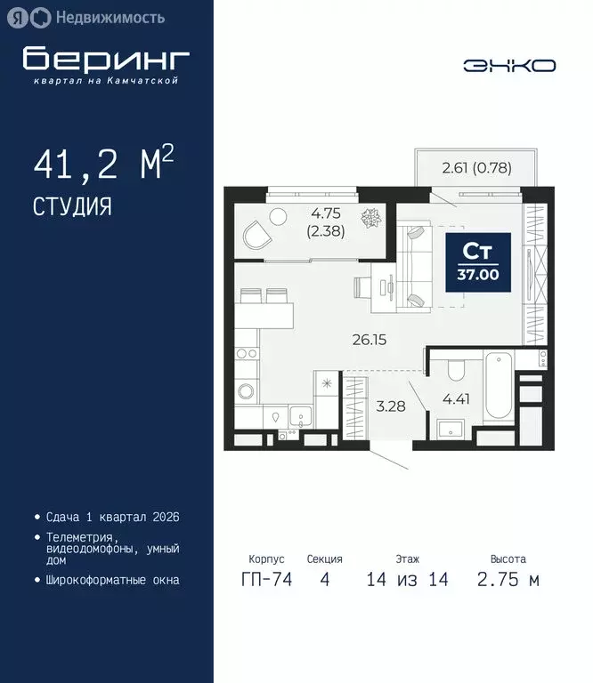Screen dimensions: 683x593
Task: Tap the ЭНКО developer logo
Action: click(509, 66)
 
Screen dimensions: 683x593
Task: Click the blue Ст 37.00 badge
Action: click(478, 261)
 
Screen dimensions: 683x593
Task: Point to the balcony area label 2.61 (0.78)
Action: click(476, 167)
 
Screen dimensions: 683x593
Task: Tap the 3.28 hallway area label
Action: click(389, 407)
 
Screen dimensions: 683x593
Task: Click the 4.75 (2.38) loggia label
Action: click(326, 221)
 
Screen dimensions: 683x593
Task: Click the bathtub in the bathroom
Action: click(498, 389)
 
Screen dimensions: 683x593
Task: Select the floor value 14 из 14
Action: click(407, 581)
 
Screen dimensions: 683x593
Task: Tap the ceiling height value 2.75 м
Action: click(508, 581)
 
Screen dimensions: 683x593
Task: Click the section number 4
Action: click(324, 581)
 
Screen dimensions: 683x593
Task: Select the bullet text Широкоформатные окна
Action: click(112, 580)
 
